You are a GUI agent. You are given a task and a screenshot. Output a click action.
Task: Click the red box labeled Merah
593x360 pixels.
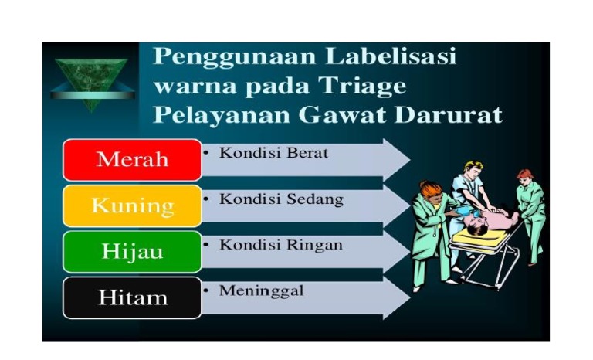[x=132, y=160]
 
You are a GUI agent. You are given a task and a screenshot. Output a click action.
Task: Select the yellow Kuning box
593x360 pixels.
[x=132, y=205]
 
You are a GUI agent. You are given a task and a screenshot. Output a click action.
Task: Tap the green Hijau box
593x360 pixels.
[x=132, y=251]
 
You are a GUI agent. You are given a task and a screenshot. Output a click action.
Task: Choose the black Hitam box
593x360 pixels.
[x=132, y=297]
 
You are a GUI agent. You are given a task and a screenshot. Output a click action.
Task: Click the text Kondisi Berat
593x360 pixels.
[x=273, y=153]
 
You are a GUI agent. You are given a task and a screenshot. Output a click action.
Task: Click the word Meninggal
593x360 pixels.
[x=261, y=290]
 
